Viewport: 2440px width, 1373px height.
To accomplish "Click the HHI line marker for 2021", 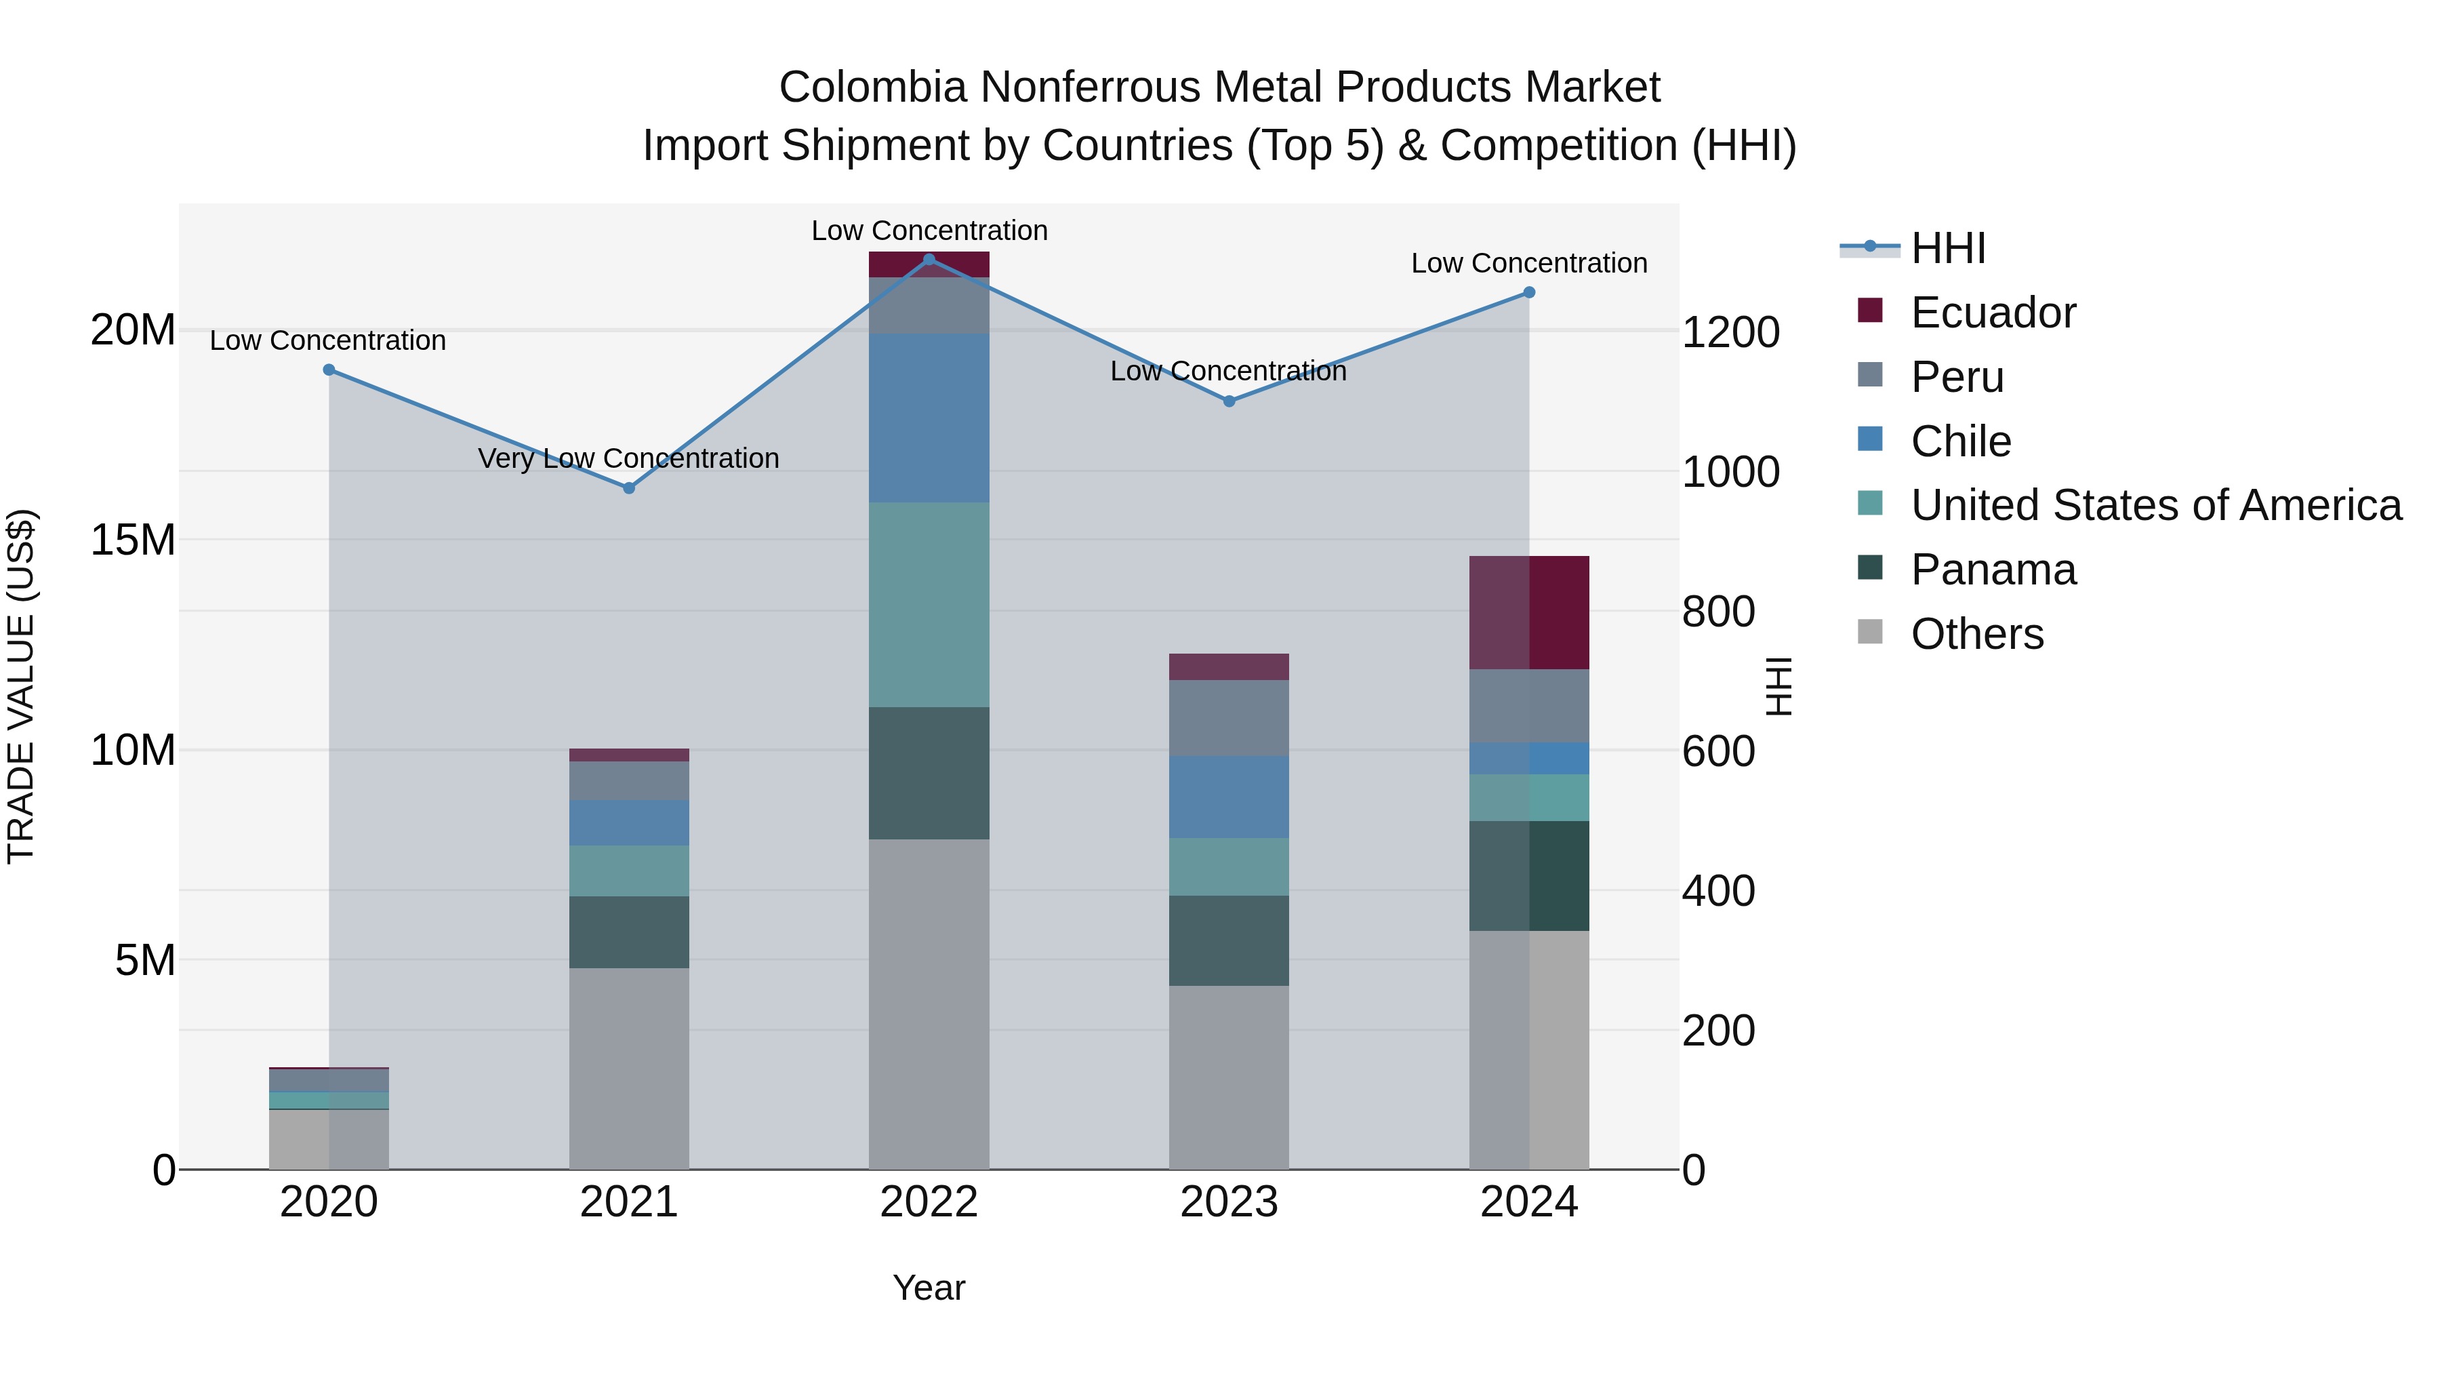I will (628, 488).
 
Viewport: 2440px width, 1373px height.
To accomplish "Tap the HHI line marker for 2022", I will (929, 260).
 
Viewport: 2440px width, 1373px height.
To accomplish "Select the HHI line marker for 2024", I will (1529, 293).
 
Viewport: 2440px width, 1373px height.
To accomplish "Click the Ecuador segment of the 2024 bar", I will (1529, 613).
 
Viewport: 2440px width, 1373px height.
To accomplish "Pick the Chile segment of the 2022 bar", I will (929, 418).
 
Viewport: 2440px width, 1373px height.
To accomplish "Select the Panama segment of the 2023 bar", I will (1229, 941).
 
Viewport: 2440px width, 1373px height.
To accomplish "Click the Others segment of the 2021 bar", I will (628, 1068).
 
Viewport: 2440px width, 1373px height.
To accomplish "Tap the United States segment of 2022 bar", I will (929, 605).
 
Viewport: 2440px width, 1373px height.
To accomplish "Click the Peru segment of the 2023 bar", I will (1229, 717).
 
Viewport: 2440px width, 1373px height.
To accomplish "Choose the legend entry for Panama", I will (1992, 570).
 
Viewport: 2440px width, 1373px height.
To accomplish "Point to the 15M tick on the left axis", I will (133, 540).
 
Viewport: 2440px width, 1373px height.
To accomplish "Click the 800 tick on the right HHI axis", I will (1718, 612).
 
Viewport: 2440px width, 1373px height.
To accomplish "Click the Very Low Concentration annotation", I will (628, 458).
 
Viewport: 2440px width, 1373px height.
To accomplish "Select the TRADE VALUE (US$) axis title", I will (21, 686).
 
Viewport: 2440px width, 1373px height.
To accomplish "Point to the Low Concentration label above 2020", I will (328, 341).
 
